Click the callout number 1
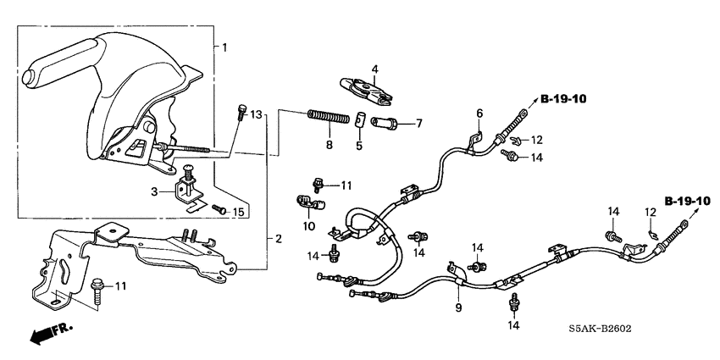224,47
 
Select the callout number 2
277,240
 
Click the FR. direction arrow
51,332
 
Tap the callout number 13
258,114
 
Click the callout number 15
239,212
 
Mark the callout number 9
457,307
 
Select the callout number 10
309,226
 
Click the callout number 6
479,113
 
